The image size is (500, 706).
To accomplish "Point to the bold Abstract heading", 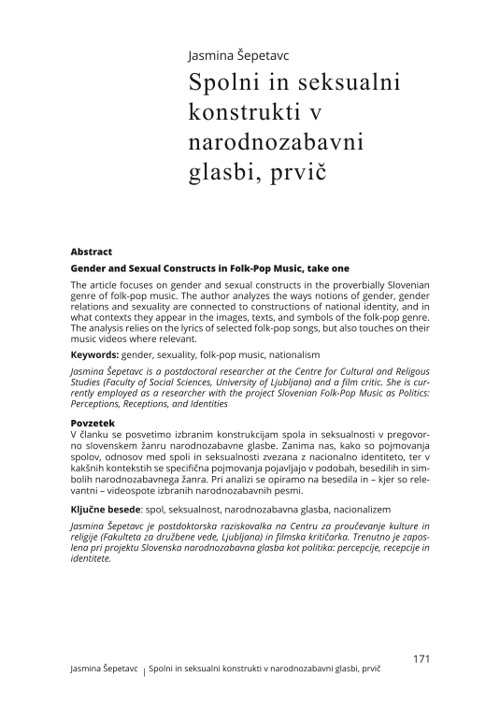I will pyautogui.click(x=92, y=252).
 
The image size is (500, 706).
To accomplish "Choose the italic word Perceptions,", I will pyautogui.click(x=100, y=406).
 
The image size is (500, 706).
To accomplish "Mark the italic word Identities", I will pyautogui.click(x=207, y=406).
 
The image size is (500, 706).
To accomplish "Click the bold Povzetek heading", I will pyautogui.click(x=93, y=424).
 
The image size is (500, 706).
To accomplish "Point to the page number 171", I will pyautogui.click(x=421, y=659).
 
